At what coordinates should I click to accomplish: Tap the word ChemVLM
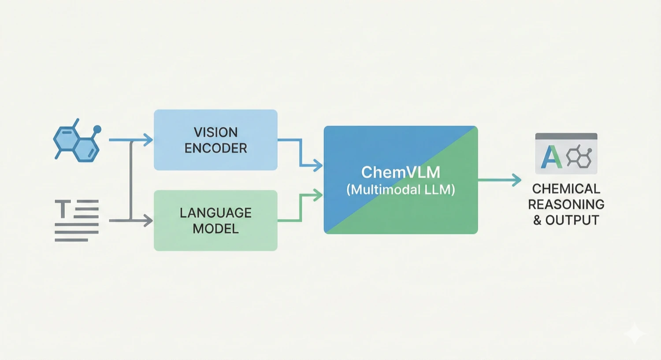[400, 172]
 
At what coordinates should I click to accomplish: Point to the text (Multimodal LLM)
[400, 190]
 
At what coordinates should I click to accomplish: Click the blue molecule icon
[76, 142]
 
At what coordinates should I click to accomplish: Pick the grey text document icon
[77, 220]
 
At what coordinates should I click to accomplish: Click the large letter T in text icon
[63, 209]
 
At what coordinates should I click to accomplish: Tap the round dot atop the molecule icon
[97, 129]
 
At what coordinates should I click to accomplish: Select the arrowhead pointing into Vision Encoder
[149, 140]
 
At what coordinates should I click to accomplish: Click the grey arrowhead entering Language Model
[149, 220]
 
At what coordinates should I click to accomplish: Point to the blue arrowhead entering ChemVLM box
[318, 165]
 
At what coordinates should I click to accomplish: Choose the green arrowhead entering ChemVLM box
[318, 194]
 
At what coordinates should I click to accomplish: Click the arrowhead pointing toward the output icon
[516, 180]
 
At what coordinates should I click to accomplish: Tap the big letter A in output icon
[551, 157]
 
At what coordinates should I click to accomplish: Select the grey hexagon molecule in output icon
[579, 157]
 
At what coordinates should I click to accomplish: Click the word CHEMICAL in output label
[566, 189]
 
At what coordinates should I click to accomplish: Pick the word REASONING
[566, 204]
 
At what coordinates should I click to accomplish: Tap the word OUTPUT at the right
[572, 220]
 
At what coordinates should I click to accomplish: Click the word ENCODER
[215, 148]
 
